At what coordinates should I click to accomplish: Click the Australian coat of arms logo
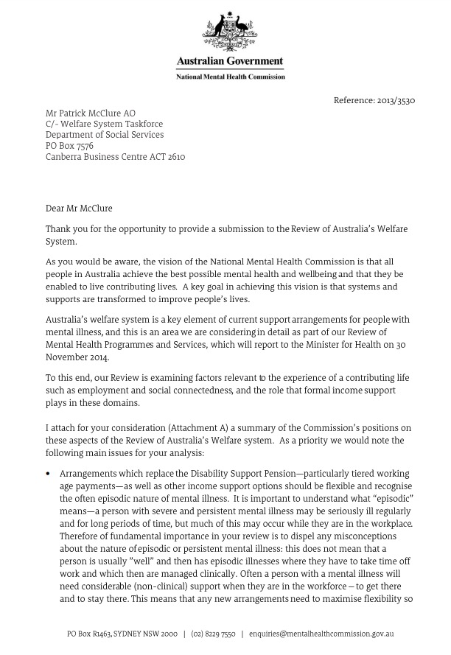click(230, 32)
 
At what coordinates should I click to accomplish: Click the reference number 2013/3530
click(395, 100)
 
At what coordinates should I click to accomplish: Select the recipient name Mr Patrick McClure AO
click(91, 113)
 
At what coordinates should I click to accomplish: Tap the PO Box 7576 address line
click(69, 146)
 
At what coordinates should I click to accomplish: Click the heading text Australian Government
click(230, 61)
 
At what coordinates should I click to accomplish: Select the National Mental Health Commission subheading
click(230, 76)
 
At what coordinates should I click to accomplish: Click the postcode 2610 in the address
click(175, 157)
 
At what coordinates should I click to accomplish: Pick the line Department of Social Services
click(105, 136)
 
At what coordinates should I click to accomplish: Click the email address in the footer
click(321, 634)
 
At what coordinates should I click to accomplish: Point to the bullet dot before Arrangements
click(48, 474)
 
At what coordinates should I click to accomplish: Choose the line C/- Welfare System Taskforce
click(105, 125)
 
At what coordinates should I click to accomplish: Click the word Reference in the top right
click(354, 100)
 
